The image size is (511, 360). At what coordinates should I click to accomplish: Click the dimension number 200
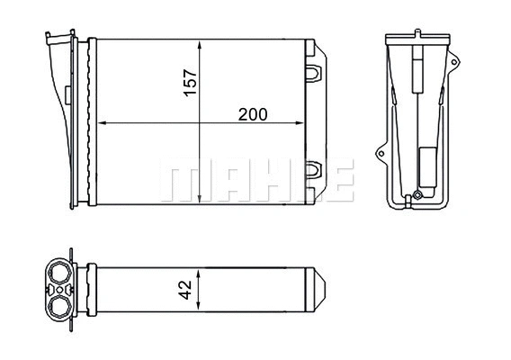(x=253, y=114)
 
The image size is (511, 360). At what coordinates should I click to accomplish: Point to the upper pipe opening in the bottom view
(x=60, y=272)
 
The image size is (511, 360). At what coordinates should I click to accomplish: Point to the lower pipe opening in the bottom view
(x=60, y=306)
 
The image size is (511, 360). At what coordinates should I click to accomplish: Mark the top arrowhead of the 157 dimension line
(x=199, y=43)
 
